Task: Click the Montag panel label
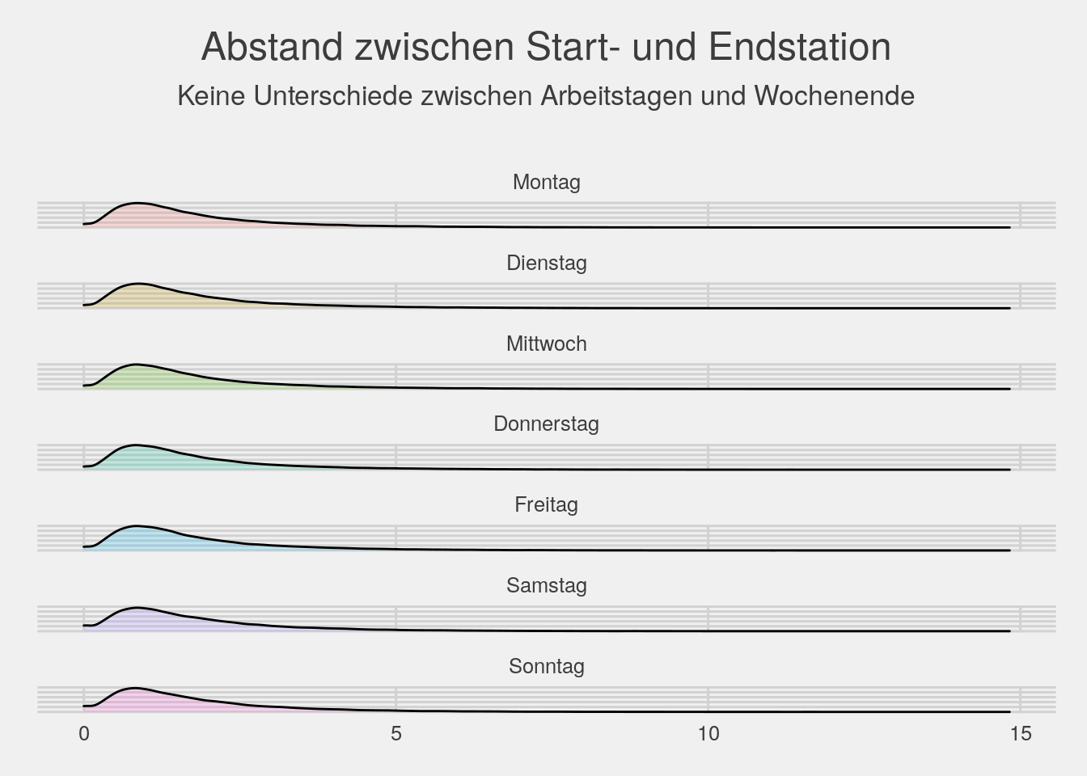546,182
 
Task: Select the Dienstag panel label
546,263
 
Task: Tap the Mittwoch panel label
546,344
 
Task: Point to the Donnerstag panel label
546,424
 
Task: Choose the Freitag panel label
546,504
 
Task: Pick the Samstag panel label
546,585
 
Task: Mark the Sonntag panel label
546,666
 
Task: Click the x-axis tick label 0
83,733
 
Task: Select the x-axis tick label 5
395,733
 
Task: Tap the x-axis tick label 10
708,733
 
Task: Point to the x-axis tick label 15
1021,733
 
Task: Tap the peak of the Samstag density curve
137,607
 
